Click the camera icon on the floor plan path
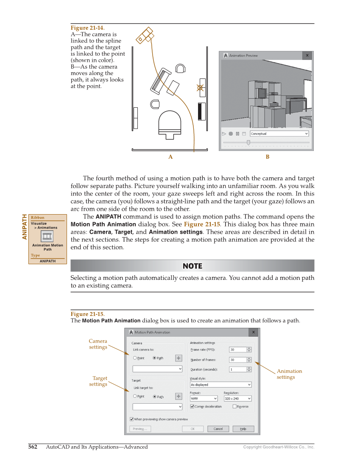click(x=145, y=35)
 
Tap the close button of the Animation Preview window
click(x=307, y=56)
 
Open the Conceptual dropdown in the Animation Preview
click(x=279, y=134)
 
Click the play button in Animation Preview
click(x=224, y=134)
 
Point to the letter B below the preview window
click(x=268, y=157)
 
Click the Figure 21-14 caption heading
click(x=87, y=28)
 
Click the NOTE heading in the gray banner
click(x=192, y=266)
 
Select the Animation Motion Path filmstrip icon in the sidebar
click(x=47, y=236)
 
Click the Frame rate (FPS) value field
click(x=237, y=350)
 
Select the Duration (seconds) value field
click(x=237, y=369)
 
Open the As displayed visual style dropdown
click(x=220, y=385)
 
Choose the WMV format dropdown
click(x=204, y=399)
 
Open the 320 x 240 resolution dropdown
click(x=237, y=399)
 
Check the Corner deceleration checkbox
click(x=193, y=406)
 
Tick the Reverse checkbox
click(x=234, y=406)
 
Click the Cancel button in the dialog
click(x=218, y=429)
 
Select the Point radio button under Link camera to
click(x=135, y=358)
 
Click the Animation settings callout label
click(x=289, y=374)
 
